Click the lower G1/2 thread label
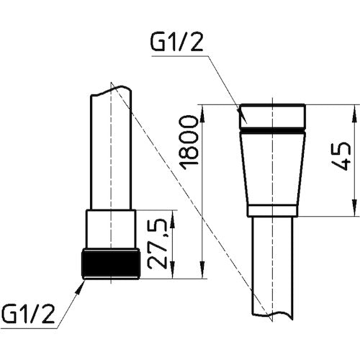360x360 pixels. pos(28,313)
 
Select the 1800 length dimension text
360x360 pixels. pos(190,143)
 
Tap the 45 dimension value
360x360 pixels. pos(341,156)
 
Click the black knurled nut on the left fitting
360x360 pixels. pos(111,264)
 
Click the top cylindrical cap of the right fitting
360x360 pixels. pos(273,116)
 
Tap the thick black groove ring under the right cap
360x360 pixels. pos(273,131)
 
